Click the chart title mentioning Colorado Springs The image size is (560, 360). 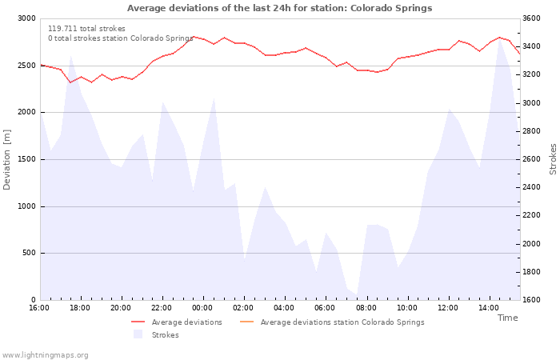[x=280, y=8]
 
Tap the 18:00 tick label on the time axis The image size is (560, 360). [x=80, y=308]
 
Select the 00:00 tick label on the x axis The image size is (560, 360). [x=202, y=308]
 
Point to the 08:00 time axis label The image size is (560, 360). [x=366, y=308]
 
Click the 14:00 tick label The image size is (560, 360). [x=489, y=308]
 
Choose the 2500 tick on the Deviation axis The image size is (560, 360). [x=26, y=66]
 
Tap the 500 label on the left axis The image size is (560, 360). [x=30, y=254]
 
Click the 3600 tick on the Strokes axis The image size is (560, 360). [x=531, y=18]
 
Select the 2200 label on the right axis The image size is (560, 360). [x=531, y=215]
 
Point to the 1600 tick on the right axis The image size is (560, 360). [x=531, y=300]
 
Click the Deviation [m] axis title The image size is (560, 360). [x=6, y=160]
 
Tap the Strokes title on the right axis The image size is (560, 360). [x=553, y=159]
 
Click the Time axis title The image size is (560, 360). [x=507, y=318]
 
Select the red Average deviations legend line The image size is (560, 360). [x=138, y=322]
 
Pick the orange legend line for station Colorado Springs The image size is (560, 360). [x=246, y=322]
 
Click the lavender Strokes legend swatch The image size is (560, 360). [x=138, y=334]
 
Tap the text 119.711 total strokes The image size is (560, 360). [x=86, y=29]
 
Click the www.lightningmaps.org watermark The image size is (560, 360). [x=45, y=355]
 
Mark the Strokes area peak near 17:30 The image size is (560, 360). [x=71, y=55]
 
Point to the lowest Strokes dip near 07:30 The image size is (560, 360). [x=357, y=295]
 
